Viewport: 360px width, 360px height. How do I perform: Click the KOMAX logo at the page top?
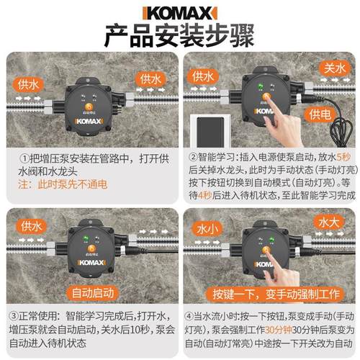click(x=179, y=12)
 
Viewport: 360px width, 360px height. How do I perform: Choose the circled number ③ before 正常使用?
click(x=14, y=315)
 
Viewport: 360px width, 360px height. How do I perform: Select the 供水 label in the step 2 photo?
click(x=203, y=74)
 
